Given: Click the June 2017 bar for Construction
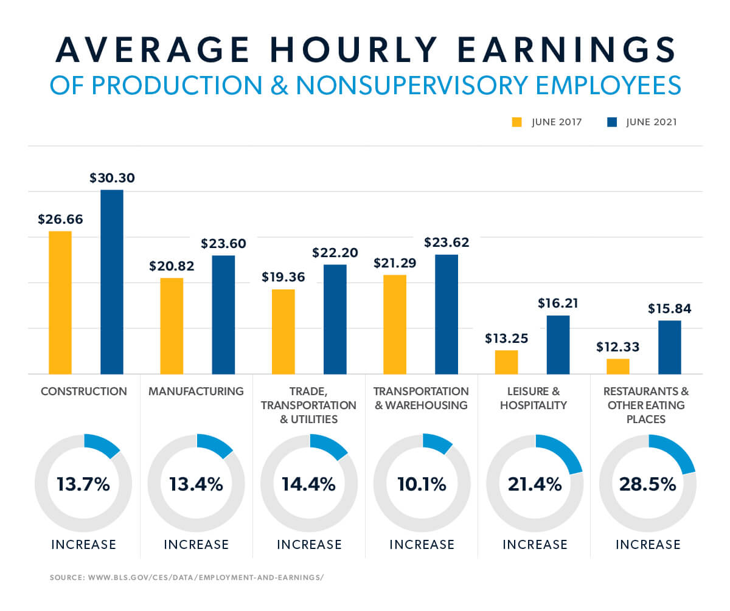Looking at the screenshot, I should pos(60,302).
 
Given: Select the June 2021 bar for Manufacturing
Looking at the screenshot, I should pos(223,314).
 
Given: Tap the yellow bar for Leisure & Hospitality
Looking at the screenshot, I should pos(506,362).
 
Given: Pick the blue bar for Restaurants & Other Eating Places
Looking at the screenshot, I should pos(669,347).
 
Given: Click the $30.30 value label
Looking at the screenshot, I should pos(112,178).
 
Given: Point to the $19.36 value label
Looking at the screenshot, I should pos(283,277).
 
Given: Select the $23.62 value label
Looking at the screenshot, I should pos(447,243).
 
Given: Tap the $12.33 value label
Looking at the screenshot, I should pos(618,347).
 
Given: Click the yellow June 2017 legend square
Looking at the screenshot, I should pos(517,122).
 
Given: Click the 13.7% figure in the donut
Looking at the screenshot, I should pos(83,485).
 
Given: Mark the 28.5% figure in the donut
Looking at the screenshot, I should pos(648,485).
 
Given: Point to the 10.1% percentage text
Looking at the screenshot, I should pos(422,485).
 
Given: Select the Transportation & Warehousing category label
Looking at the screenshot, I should pos(421,398).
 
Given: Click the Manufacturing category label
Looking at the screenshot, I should pos(196,392).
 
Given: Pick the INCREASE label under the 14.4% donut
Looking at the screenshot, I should pos(309,544).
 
